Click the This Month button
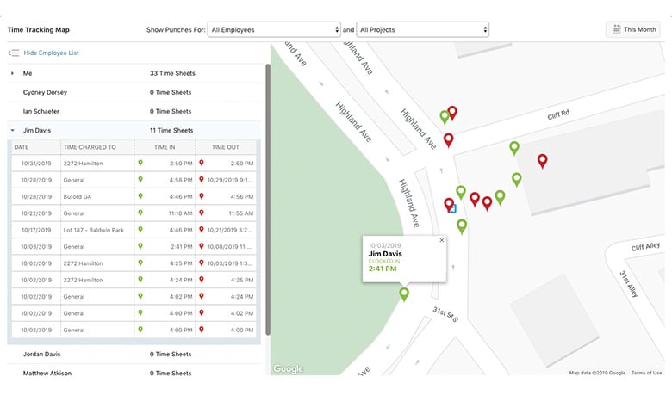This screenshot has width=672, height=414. coord(633,29)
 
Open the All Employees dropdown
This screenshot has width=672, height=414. coord(274,29)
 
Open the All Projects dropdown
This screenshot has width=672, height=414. coord(422,29)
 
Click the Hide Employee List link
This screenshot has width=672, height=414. coord(51,53)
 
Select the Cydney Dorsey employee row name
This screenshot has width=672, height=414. coord(45,92)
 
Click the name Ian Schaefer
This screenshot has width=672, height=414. coord(41,111)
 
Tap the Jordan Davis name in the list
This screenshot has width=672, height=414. coord(41,354)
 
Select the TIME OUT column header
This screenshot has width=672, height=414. coord(225,147)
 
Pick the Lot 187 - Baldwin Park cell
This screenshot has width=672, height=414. coord(93,230)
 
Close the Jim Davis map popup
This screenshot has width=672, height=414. coord(442,240)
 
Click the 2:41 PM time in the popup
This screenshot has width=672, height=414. coord(383,269)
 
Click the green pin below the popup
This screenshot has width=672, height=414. coord(404,294)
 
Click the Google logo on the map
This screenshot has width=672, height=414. coord(289,368)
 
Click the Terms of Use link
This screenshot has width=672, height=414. coord(646,373)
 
